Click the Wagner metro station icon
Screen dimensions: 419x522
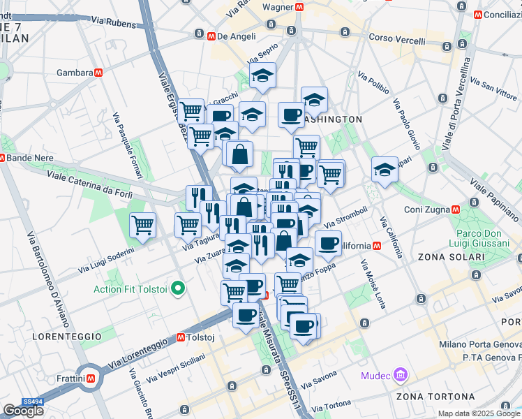[x=299, y=7]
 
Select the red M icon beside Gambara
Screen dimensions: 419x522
[x=100, y=72]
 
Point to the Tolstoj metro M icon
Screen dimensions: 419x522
[x=180, y=337]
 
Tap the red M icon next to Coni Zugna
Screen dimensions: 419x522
[x=456, y=209]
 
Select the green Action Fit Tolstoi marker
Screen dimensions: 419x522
[x=178, y=288]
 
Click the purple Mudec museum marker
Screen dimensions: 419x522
[x=401, y=376]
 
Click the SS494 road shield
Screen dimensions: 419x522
[x=32, y=402]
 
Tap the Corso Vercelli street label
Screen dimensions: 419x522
[x=396, y=40]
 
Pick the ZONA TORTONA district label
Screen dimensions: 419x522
[x=429, y=397]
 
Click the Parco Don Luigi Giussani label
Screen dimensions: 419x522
[x=482, y=238]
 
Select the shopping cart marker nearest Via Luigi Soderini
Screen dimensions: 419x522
[x=142, y=226]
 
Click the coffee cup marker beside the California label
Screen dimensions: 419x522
[x=328, y=244]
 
